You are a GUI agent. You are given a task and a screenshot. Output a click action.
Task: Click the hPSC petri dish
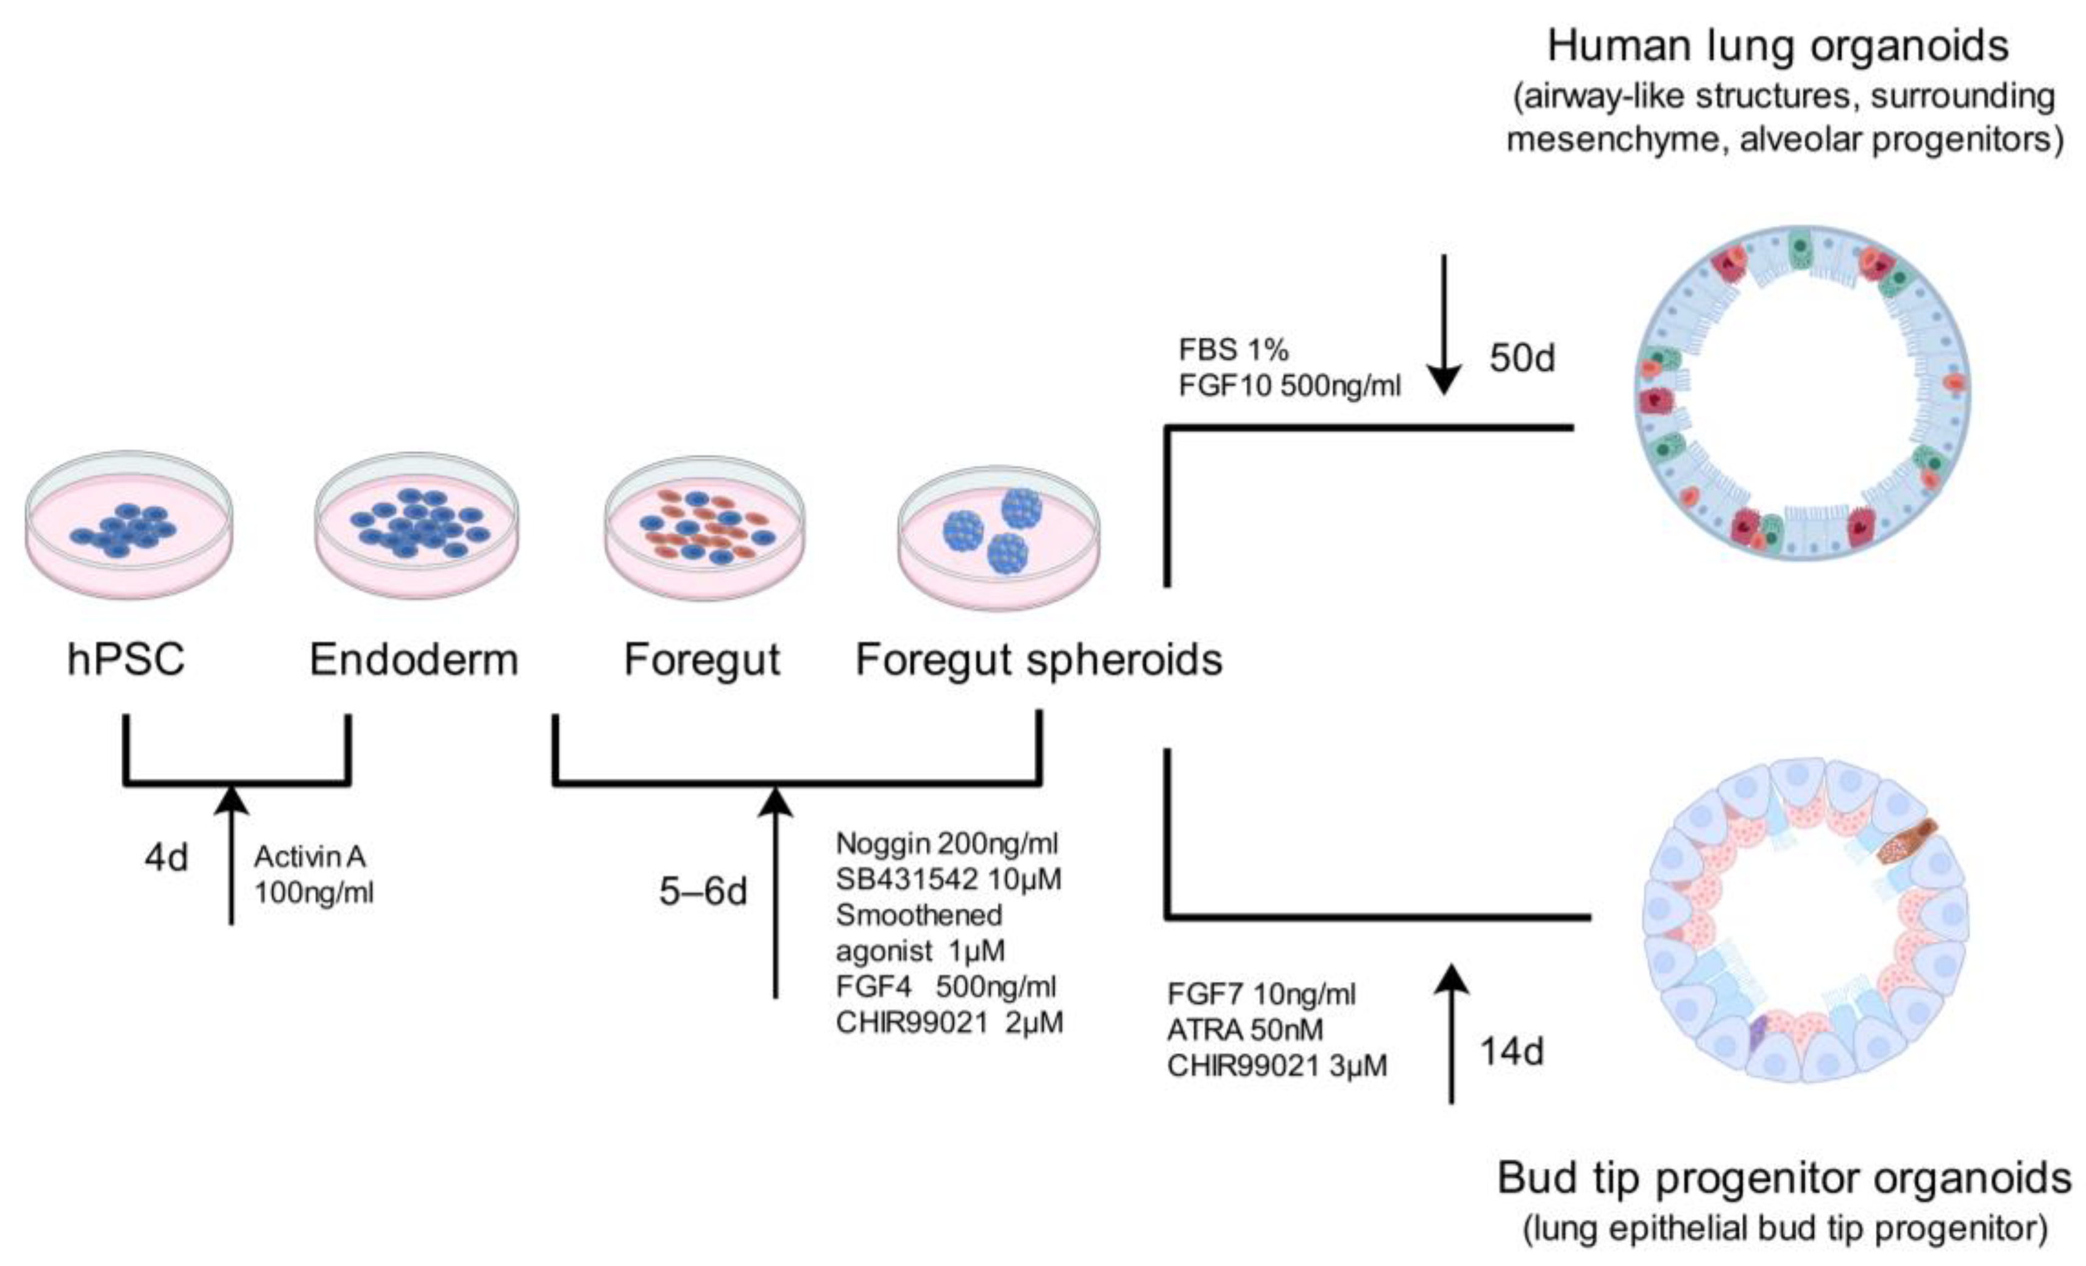(x=129, y=525)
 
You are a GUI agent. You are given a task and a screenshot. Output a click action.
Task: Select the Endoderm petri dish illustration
(x=416, y=525)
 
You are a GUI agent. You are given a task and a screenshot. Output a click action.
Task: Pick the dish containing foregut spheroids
(x=998, y=536)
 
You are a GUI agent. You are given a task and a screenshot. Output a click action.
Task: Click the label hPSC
(x=126, y=660)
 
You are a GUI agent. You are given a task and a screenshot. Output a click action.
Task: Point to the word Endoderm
(x=413, y=660)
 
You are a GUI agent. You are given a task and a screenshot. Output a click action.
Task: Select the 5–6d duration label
(x=703, y=892)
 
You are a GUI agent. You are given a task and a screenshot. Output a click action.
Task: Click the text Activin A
(x=310, y=857)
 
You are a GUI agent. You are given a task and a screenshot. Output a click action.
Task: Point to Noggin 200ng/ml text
(x=946, y=844)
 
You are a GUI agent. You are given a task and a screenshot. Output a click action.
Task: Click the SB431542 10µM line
(x=948, y=880)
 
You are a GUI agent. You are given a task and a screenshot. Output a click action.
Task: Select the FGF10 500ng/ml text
(x=1290, y=386)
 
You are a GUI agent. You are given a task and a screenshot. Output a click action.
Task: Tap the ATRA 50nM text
(x=1244, y=1030)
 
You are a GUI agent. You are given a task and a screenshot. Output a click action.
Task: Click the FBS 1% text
(x=1233, y=350)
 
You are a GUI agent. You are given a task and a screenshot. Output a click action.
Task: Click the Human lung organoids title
(x=1778, y=46)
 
